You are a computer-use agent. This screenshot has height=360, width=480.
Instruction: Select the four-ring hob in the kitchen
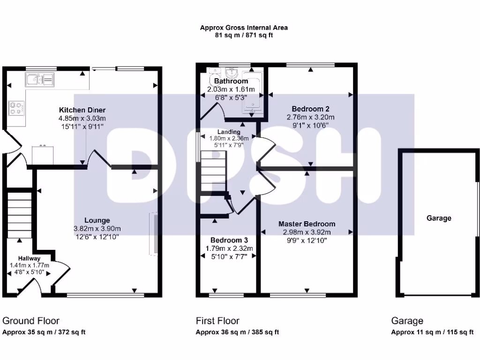pyautogui.click(x=15, y=108)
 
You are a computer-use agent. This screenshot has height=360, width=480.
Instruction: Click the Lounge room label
pyautogui.click(x=97, y=220)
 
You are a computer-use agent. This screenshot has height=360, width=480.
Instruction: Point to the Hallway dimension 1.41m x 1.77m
pyautogui.click(x=29, y=265)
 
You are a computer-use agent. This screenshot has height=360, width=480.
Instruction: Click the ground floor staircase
pyautogui.click(x=19, y=213)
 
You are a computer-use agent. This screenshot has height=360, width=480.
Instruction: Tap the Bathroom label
pyautogui.click(x=228, y=81)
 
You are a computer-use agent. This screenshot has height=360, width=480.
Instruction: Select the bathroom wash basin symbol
pyautogui.click(x=231, y=73)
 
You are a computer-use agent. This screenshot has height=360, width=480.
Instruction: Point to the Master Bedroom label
pyautogui.click(x=307, y=224)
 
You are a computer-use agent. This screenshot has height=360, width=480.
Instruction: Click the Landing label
pyautogui.click(x=228, y=132)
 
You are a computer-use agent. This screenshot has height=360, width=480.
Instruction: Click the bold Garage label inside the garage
pyautogui.click(x=439, y=218)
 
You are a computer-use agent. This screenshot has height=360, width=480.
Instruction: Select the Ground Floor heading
pyautogui.click(x=31, y=321)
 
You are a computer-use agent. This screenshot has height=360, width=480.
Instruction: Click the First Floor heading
pyautogui.click(x=217, y=321)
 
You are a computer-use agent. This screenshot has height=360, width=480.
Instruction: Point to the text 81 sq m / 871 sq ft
pyautogui.click(x=244, y=36)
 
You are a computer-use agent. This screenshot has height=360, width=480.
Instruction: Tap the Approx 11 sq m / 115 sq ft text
pyautogui.click(x=432, y=332)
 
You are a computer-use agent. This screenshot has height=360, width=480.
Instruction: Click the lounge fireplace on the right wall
pyautogui.click(x=153, y=234)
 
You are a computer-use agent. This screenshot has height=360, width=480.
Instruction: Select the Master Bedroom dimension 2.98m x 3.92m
pyautogui.click(x=307, y=232)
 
